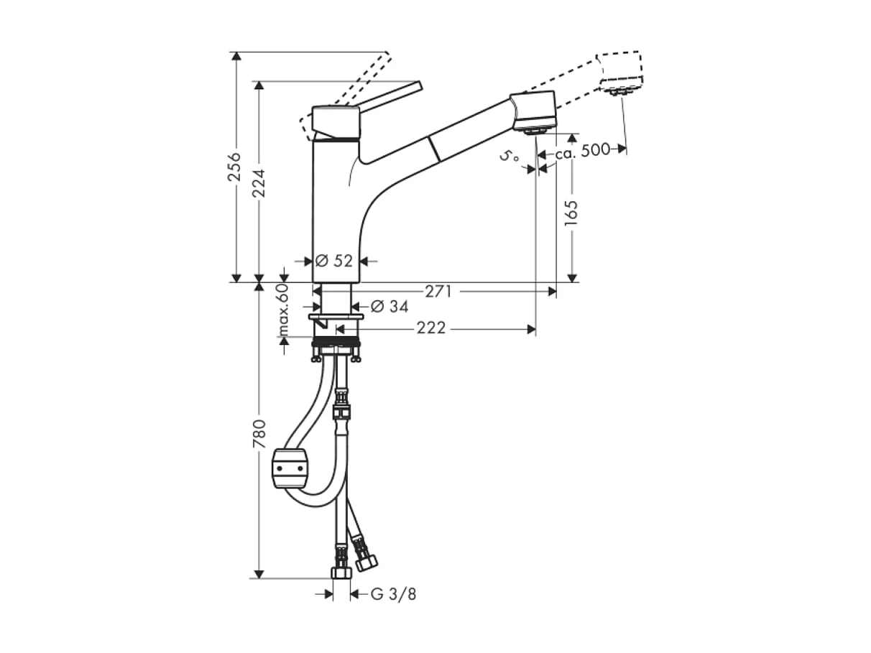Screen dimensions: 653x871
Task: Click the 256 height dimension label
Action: pyautogui.click(x=235, y=167)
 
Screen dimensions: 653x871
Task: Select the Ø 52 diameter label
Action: pyautogui.click(x=334, y=261)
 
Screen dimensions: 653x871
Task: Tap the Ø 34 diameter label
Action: pyautogui.click(x=389, y=307)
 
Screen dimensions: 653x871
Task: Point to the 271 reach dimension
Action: pyautogui.click(x=438, y=292)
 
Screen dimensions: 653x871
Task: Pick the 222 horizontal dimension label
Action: pyautogui.click(x=431, y=329)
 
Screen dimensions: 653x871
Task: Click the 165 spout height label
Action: pyautogui.click(x=571, y=214)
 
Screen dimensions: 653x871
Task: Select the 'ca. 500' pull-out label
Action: pyautogui.click(x=583, y=150)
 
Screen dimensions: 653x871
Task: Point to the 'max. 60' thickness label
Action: pyautogui.click(x=283, y=310)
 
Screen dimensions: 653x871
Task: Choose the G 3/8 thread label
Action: pyautogui.click(x=394, y=594)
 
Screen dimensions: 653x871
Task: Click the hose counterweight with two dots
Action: pyautogui.click(x=290, y=468)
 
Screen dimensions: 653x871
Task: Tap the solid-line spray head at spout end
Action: pyautogui.click(x=535, y=111)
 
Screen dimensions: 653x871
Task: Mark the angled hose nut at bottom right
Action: pyautogui.click(x=367, y=561)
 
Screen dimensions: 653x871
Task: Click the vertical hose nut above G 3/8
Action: pyautogui.click(x=341, y=572)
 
